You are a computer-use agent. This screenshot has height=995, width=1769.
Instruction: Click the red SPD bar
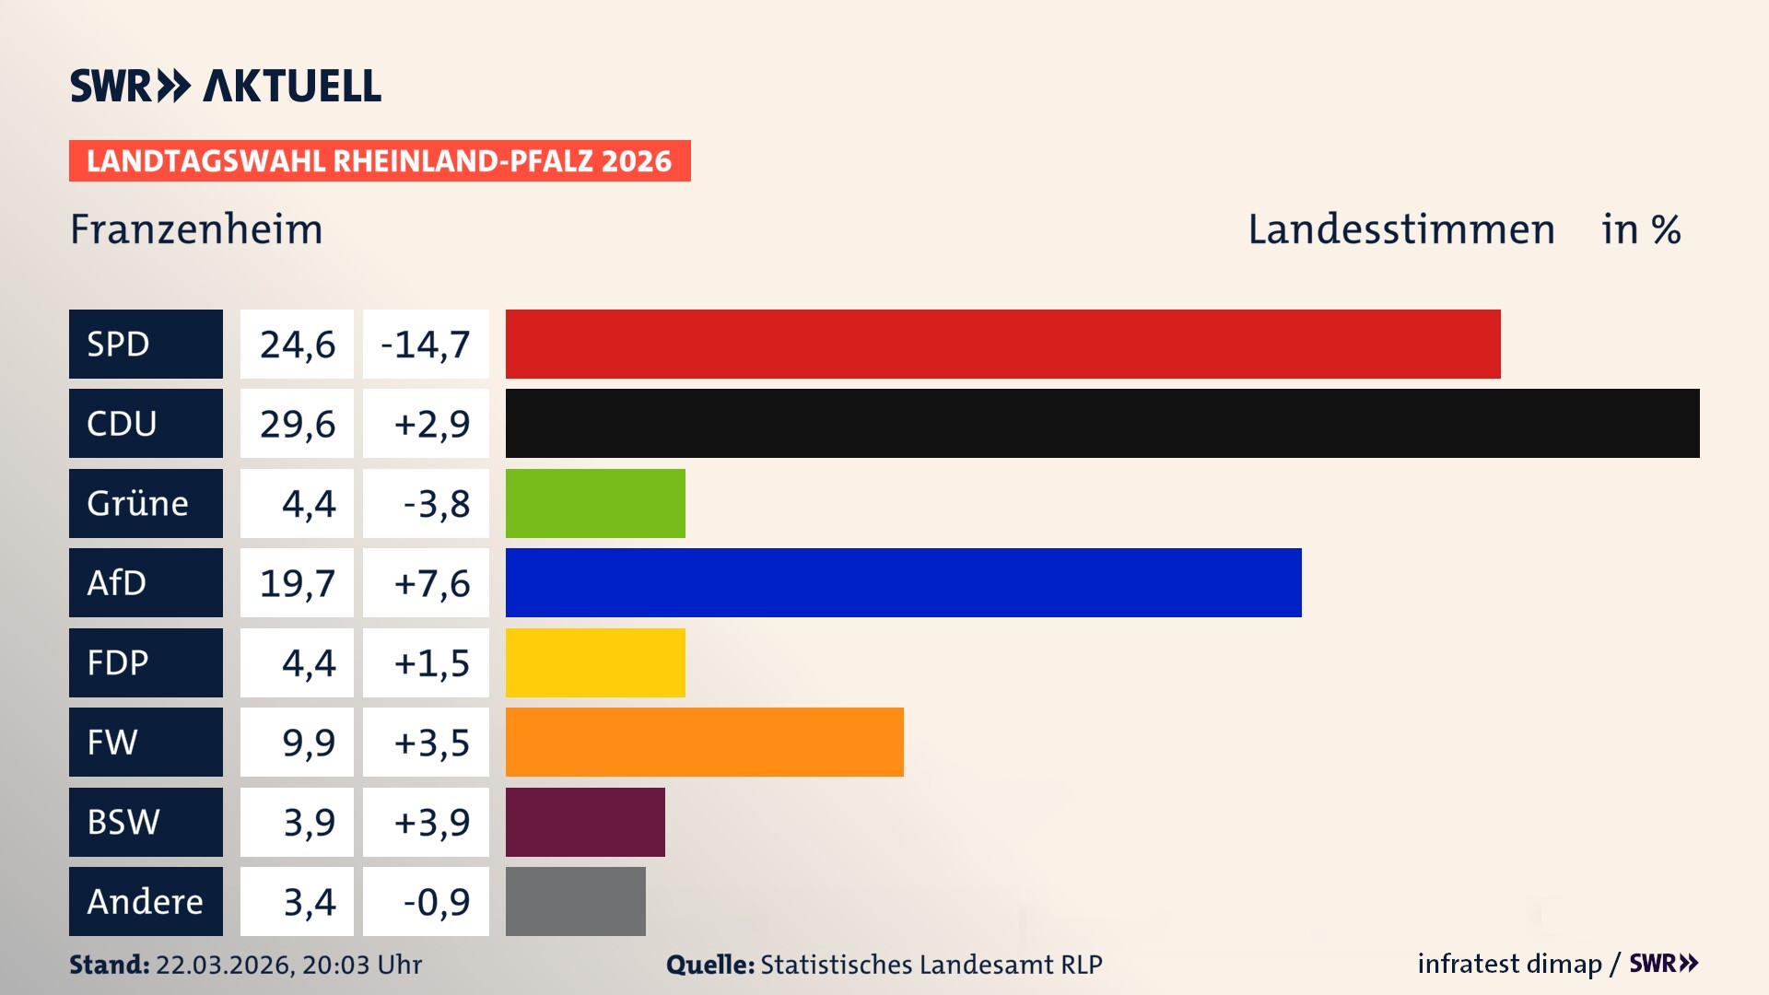1002,344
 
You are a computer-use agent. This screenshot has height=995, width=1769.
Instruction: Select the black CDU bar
1102,424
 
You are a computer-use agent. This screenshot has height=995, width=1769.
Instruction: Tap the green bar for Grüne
595,503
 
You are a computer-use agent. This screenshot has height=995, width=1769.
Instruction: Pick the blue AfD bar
903,582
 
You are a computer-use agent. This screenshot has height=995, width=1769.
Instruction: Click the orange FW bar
704,742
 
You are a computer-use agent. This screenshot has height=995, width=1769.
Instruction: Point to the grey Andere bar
575,901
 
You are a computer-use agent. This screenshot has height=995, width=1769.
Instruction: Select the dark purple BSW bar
585,822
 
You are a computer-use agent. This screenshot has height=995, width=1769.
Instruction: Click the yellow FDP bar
595,662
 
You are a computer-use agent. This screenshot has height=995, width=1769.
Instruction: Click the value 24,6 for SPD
297,344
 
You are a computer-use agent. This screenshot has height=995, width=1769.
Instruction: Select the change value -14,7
426,344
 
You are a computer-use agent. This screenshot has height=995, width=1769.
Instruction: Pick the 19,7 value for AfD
297,582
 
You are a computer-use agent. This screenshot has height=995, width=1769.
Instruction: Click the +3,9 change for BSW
431,822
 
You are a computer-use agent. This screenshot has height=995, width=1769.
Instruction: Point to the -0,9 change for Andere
436,901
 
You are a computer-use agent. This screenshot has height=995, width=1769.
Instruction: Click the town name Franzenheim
196,229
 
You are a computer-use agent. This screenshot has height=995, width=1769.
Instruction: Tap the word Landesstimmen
1400,229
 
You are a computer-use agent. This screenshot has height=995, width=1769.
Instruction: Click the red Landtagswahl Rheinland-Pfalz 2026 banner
380,160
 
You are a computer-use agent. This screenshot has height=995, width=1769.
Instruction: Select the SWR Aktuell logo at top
226,86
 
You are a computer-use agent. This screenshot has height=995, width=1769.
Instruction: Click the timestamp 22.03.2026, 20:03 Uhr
288,965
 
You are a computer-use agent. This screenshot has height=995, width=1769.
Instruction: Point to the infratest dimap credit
1509,964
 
